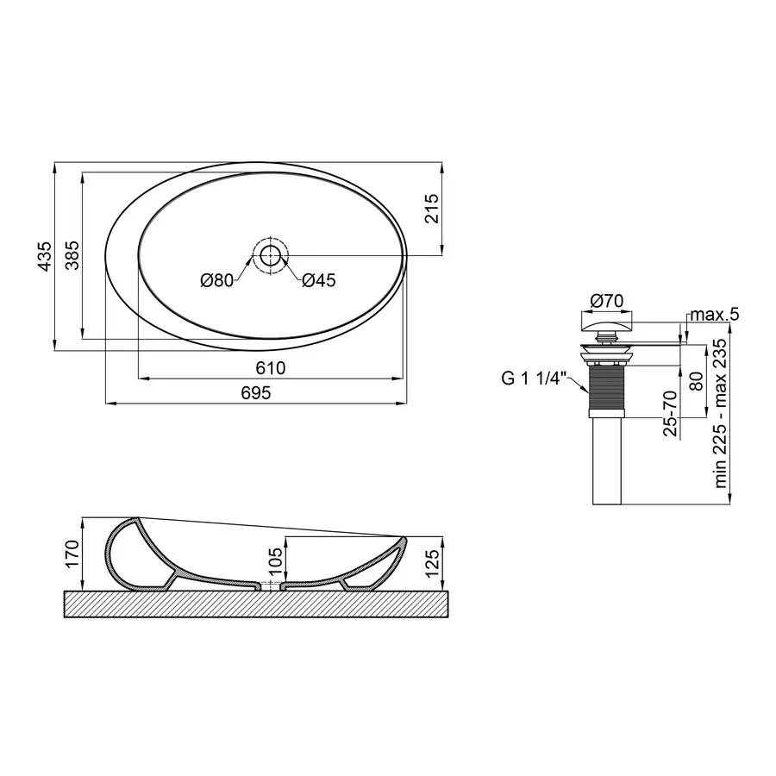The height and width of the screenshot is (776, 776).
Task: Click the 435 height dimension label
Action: click(45, 256)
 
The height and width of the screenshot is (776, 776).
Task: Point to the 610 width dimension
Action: click(271, 368)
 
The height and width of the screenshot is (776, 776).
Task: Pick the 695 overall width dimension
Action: click(256, 393)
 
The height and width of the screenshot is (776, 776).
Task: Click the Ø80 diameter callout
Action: click(216, 280)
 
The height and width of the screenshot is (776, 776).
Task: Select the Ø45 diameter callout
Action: click(319, 280)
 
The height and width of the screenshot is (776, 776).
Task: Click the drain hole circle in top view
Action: click(271, 255)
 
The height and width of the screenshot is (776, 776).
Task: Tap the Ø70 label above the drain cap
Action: click(607, 301)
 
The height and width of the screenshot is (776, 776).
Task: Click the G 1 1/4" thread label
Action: click(531, 379)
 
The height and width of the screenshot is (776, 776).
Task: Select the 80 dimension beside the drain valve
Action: click(696, 379)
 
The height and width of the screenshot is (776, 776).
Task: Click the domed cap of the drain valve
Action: click(607, 324)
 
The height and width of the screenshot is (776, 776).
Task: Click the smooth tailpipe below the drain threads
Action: click(607, 461)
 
